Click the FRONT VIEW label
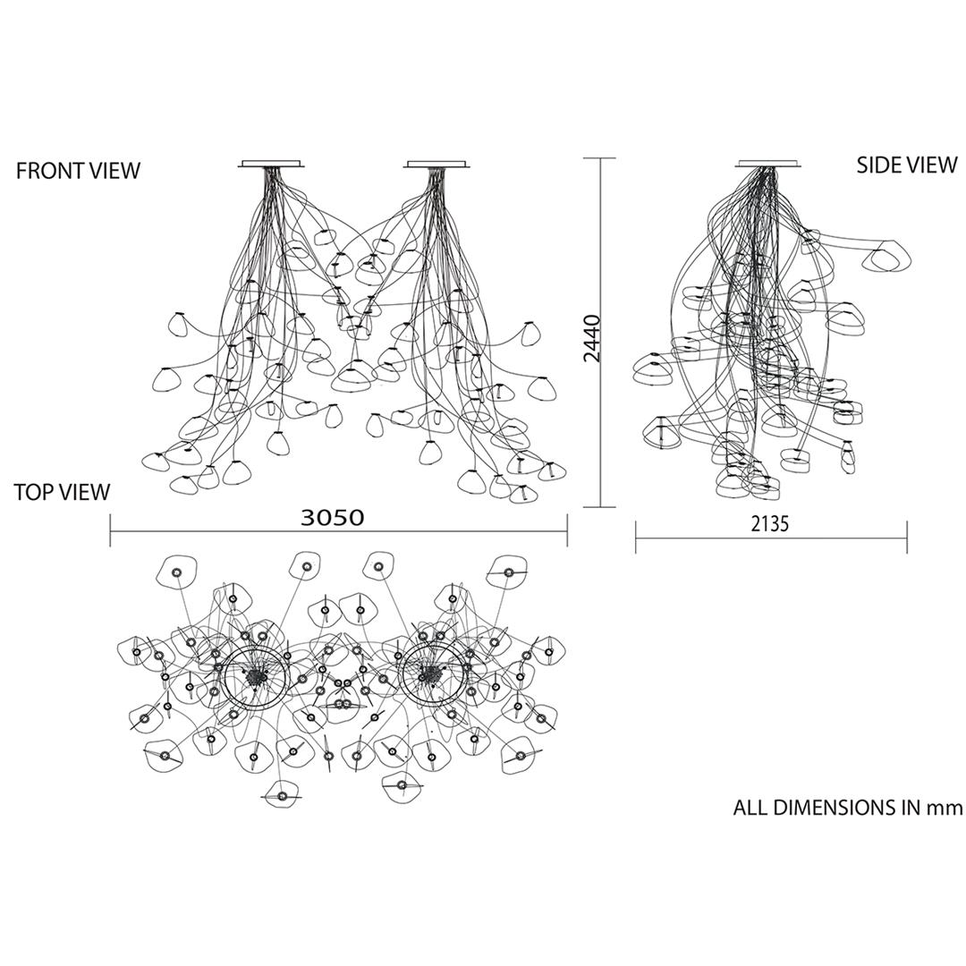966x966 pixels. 78,171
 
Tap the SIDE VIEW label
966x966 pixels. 907,165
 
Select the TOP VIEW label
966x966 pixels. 63,492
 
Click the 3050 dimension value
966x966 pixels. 332,518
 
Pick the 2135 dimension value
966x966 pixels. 769,523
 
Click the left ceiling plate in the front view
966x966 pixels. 271,164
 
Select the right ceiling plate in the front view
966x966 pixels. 437,164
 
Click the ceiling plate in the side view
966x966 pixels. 769,164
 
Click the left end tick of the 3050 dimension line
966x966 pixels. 110,530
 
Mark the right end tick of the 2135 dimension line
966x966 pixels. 906,538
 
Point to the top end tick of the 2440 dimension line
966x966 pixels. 599,158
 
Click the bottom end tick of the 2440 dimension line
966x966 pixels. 599,507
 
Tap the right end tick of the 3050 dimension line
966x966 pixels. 567,530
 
